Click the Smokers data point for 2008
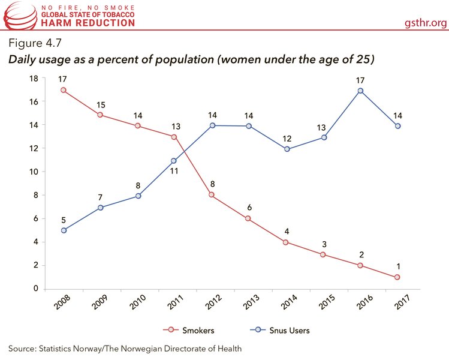point(64,91)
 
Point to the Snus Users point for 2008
point(64,230)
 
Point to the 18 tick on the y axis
point(34,79)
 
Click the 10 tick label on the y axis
point(34,172)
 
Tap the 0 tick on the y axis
point(36,289)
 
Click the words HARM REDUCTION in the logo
point(88,23)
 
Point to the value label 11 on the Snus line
point(174,172)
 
